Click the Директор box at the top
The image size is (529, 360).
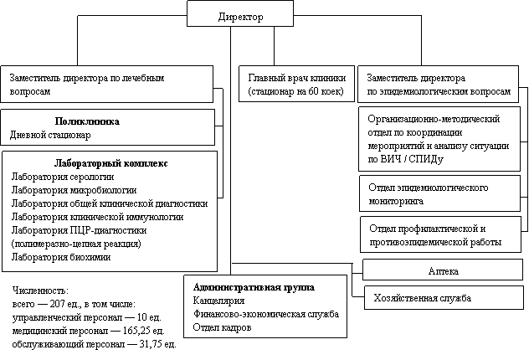239,16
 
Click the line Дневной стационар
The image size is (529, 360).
50,135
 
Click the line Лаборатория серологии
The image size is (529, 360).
62,176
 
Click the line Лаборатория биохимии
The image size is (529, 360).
61,257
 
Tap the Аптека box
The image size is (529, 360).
443,271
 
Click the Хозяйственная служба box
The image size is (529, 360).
424,299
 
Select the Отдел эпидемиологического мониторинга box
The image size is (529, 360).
428,194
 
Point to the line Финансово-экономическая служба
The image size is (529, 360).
265,314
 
